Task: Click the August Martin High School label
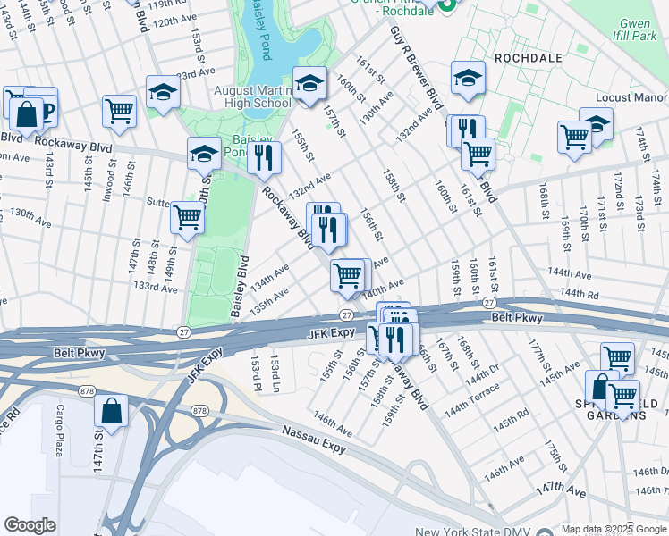pos(251,96)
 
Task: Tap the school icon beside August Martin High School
pos(309,84)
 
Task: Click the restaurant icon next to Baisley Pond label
pos(263,156)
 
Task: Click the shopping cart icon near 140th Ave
pos(347,274)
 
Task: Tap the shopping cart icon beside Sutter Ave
pos(187,216)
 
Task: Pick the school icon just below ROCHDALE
pos(468,78)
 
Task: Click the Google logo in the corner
pos(30,525)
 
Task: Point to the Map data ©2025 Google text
pos(613,529)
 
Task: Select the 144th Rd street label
pos(579,292)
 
